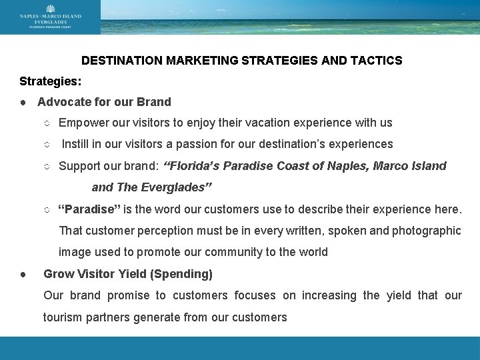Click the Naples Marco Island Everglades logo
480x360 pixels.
point(50,17)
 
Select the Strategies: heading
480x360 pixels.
point(49,81)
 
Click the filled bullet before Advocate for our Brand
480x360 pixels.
point(23,103)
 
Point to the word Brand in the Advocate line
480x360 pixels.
point(155,102)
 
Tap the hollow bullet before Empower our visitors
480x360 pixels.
point(47,123)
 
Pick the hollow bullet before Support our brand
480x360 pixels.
point(47,166)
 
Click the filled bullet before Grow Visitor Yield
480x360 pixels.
point(23,274)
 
